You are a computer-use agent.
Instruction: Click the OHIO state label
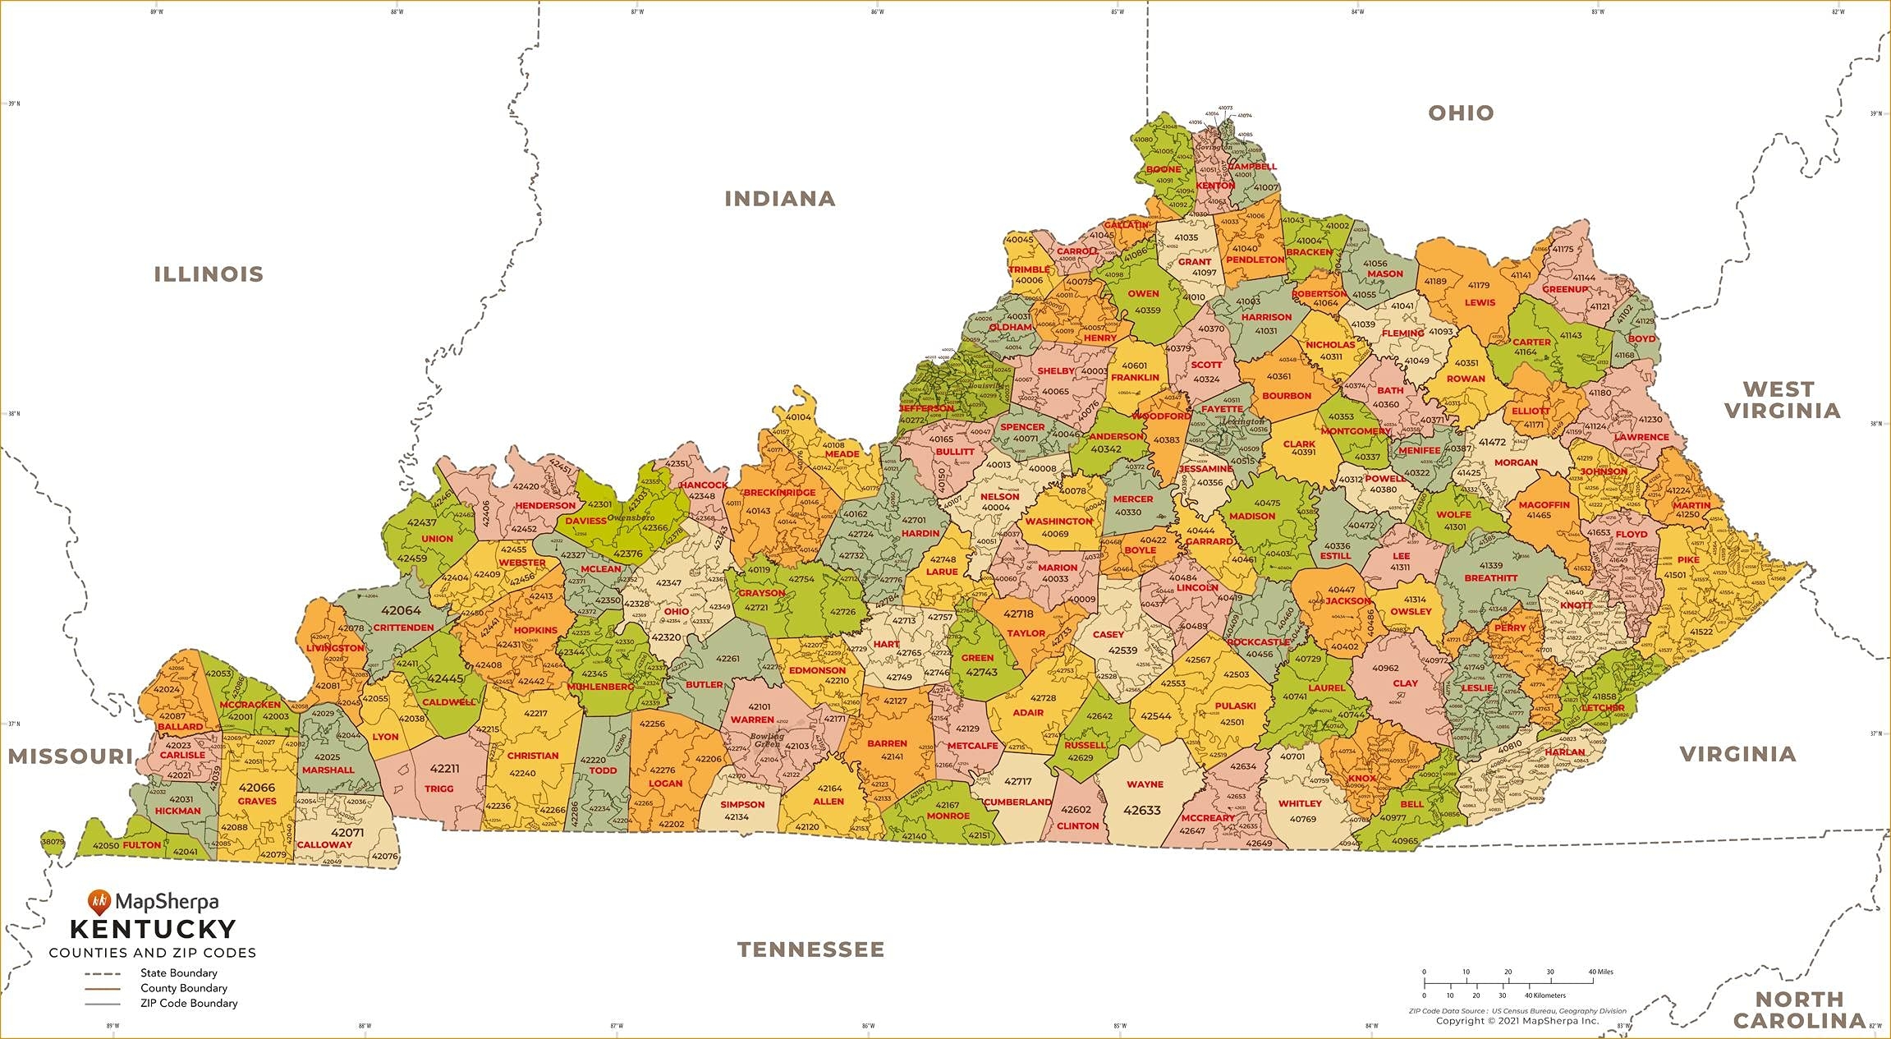pyautogui.click(x=1460, y=113)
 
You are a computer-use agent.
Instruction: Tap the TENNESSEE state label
pyautogui.click(x=810, y=949)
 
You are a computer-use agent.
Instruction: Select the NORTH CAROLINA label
pyautogui.click(x=1799, y=1010)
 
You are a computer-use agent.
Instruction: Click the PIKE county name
pyautogui.click(x=1688, y=559)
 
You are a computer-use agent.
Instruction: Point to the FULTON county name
pyautogui.click(x=142, y=844)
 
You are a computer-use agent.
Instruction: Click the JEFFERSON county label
pyautogui.click(x=926, y=408)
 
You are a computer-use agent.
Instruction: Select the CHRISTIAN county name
pyautogui.click(x=532, y=756)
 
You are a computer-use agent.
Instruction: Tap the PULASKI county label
pyautogui.click(x=1235, y=706)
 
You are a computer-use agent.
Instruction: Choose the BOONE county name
pyautogui.click(x=1164, y=169)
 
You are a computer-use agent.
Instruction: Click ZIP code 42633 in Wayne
pyautogui.click(x=1141, y=810)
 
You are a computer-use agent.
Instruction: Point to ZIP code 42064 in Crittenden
pyautogui.click(x=401, y=610)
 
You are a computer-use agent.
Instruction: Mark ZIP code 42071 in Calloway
pyautogui.click(x=347, y=832)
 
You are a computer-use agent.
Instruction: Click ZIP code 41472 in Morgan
pyautogui.click(x=1492, y=442)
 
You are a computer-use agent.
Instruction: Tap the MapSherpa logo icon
pyautogui.click(x=99, y=902)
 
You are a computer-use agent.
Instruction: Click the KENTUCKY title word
pyautogui.click(x=153, y=929)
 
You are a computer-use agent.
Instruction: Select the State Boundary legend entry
pyautogui.click(x=178, y=973)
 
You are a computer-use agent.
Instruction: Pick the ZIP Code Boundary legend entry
pyautogui.click(x=188, y=1003)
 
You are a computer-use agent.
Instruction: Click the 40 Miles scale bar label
pyautogui.click(x=1600, y=972)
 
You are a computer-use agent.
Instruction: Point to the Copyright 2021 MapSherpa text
pyautogui.click(x=1517, y=1021)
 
